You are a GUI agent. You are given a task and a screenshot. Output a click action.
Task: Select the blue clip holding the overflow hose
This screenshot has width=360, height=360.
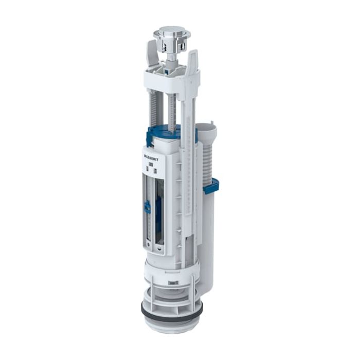(211, 186)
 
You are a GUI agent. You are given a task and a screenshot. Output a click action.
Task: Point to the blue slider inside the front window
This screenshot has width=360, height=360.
(147, 207)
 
